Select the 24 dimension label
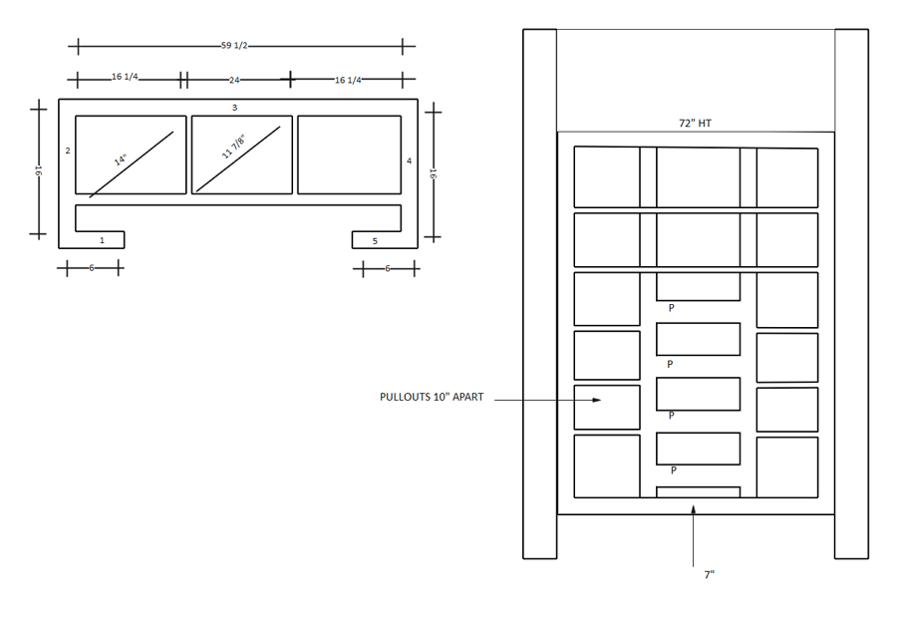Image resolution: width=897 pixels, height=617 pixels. click(x=235, y=79)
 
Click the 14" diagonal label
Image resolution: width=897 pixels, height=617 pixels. click(x=121, y=159)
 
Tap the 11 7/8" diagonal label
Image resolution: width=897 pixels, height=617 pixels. click(x=233, y=155)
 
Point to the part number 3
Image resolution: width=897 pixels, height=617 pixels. click(x=234, y=107)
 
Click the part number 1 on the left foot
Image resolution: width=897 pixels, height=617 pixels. click(x=102, y=240)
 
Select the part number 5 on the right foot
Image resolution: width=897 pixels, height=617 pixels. click(x=375, y=240)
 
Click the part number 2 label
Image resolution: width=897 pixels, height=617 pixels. click(x=67, y=152)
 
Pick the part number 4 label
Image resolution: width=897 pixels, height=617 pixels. click(x=409, y=160)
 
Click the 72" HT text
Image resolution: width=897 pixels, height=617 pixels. click(x=695, y=124)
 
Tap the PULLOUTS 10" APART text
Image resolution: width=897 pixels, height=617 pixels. click(x=432, y=397)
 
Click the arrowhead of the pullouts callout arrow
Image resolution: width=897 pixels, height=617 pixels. click(x=598, y=400)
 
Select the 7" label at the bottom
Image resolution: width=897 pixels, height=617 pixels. click(x=709, y=575)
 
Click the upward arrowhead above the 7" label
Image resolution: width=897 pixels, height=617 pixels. click(x=694, y=509)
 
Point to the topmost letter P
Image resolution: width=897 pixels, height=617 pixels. click(x=671, y=308)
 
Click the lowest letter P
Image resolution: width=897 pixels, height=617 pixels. click(x=674, y=469)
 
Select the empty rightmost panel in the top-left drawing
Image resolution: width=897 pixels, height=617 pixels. click(x=349, y=154)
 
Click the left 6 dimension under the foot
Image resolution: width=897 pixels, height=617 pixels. click(x=91, y=268)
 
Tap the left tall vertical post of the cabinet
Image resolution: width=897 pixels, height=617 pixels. click(x=539, y=293)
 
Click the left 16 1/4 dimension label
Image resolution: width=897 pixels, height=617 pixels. click(x=125, y=78)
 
